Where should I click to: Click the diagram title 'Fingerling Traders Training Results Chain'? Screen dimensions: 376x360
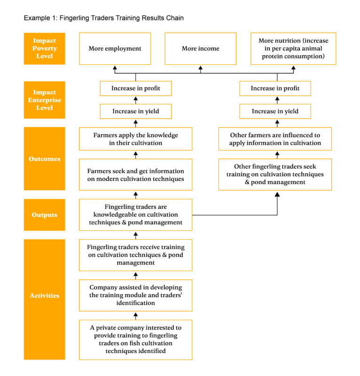click(103, 18)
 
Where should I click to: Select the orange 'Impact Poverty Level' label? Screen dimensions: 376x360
click(45, 48)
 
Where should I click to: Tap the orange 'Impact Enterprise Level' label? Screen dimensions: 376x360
click(45, 100)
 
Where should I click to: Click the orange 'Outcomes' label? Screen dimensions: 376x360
click(45, 159)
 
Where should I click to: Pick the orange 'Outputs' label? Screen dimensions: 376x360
click(45, 215)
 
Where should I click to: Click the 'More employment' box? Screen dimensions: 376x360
click(115, 48)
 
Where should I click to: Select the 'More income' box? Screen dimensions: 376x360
click(200, 48)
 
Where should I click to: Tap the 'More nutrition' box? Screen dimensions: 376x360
click(293, 48)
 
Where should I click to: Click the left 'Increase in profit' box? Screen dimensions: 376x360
click(135, 88)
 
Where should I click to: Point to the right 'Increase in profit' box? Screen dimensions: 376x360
click(275, 88)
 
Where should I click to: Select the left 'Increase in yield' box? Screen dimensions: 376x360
click(135, 111)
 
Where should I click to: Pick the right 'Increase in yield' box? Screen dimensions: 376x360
click(275, 111)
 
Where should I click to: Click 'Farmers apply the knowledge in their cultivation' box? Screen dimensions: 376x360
click(135, 139)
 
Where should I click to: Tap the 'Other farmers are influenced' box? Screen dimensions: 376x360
click(275, 139)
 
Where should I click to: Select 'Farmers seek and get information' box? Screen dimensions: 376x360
click(135, 175)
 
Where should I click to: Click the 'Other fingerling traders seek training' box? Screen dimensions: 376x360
click(275, 174)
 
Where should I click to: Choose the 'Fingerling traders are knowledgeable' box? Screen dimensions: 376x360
click(135, 215)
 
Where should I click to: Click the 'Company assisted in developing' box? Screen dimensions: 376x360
click(135, 295)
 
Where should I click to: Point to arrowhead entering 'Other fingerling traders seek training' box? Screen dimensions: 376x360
click(277, 193)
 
